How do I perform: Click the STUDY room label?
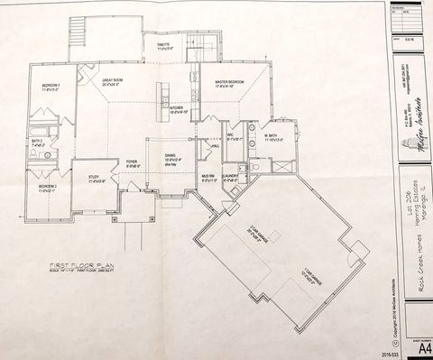tap(93, 177)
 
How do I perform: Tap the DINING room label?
tap(170, 156)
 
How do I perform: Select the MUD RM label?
tap(207, 177)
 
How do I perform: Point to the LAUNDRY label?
tap(230, 177)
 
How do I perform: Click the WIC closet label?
tap(232, 136)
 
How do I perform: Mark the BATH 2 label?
tap(37, 141)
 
